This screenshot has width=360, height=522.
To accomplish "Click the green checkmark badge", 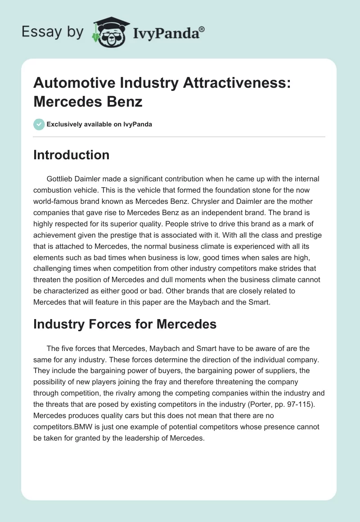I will pos(39,124).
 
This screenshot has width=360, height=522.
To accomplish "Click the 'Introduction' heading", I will pos(72,155).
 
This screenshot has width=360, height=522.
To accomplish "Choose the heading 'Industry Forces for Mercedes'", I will pos(125,324).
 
